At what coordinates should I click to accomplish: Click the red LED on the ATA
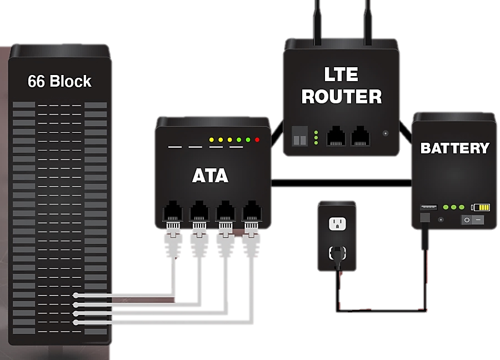pos(257,139)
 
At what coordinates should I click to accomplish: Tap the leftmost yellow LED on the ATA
pos(211,139)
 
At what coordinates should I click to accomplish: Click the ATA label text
pos(210,176)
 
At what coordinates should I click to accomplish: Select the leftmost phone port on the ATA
pos(172,212)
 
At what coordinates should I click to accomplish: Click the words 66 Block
pos(59,82)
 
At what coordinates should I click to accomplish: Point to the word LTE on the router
pos(341,74)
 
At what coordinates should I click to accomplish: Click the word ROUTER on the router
pos(341,97)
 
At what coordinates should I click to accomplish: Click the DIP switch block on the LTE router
pos(299,136)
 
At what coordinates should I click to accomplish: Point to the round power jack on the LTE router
pos(386,133)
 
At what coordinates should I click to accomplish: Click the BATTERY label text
pos(454,148)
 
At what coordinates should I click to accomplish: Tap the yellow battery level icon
pos(481,208)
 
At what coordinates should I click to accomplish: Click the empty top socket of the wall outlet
pos(336,223)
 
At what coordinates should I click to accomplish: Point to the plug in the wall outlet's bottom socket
pos(336,253)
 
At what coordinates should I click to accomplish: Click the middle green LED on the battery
pos(454,207)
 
